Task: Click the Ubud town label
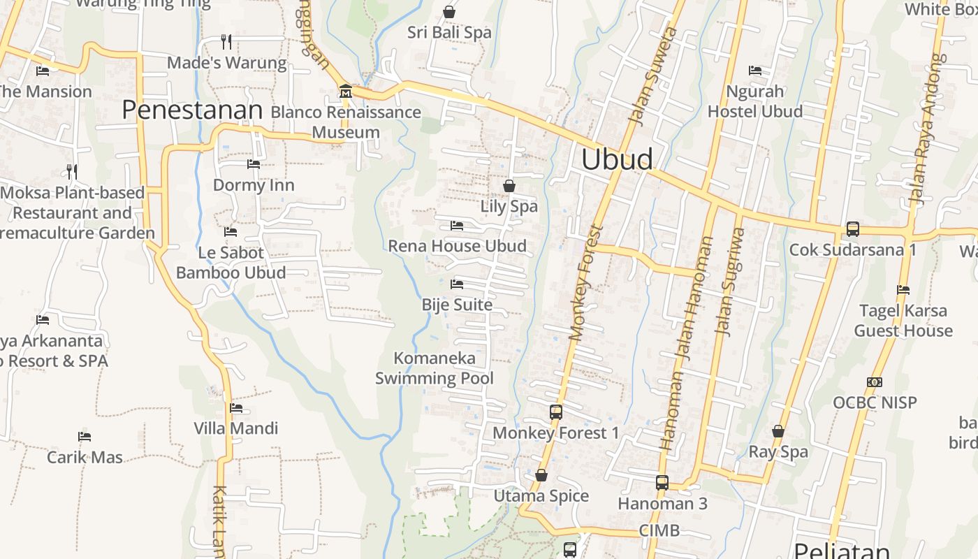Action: [x=617, y=159]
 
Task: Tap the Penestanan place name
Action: [x=192, y=110]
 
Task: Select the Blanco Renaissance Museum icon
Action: [x=345, y=92]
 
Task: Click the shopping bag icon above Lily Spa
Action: [x=509, y=186]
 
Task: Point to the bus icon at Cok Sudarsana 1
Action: [x=852, y=228]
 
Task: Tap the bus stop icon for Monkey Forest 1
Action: [x=556, y=412]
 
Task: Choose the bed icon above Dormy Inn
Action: [x=254, y=164]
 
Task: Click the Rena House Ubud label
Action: [x=457, y=246]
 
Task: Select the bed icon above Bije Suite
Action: [x=457, y=284]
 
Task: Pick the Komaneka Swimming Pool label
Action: [x=435, y=368]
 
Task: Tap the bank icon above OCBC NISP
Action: [x=875, y=382]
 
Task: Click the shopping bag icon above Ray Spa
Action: [x=778, y=432]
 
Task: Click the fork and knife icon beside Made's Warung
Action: [x=226, y=42]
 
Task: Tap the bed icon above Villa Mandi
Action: [x=236, y=408]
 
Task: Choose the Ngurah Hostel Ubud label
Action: [x=755, y=101]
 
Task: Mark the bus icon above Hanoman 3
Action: [x=662, y=482]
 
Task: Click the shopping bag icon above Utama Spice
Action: [x=541, y=476]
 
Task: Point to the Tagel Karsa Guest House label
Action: [x=903, y=320]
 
